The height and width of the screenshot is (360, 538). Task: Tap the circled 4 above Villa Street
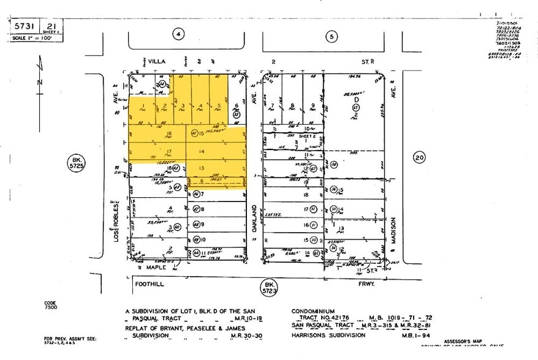(x=178, y=36)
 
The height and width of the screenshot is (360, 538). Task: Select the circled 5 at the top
(x=332, y=37)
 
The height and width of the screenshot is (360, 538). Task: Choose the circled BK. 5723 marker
(x=268, y=287)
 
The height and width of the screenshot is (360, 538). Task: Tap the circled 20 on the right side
(x=419, y=157)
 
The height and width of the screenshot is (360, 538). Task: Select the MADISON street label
(x=396, y=232)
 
